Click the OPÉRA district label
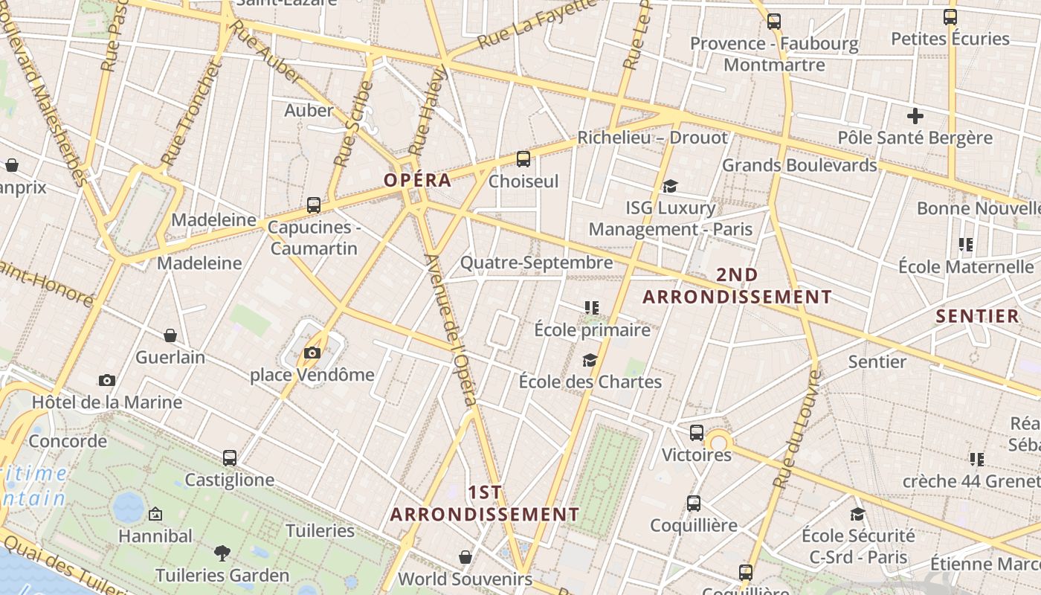417,180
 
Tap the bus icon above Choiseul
523,158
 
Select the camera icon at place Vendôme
312,353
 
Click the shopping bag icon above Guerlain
170,335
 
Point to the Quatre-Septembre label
536,263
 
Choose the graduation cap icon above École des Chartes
590,361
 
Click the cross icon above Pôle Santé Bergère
915,116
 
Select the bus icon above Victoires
697,432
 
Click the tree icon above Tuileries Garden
222,553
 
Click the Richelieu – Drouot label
652,138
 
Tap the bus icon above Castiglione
230,458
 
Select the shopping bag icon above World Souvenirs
465,557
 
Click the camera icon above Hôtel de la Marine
107,380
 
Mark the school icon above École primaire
592,307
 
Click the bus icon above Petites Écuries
950,17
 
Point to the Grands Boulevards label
799,165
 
